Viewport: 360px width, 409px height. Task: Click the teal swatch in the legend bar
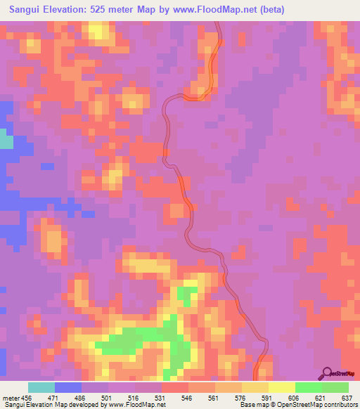coord(41,387)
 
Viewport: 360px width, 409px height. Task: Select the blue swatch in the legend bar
coord(68,387)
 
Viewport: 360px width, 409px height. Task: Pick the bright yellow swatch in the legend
coord(282,387)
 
